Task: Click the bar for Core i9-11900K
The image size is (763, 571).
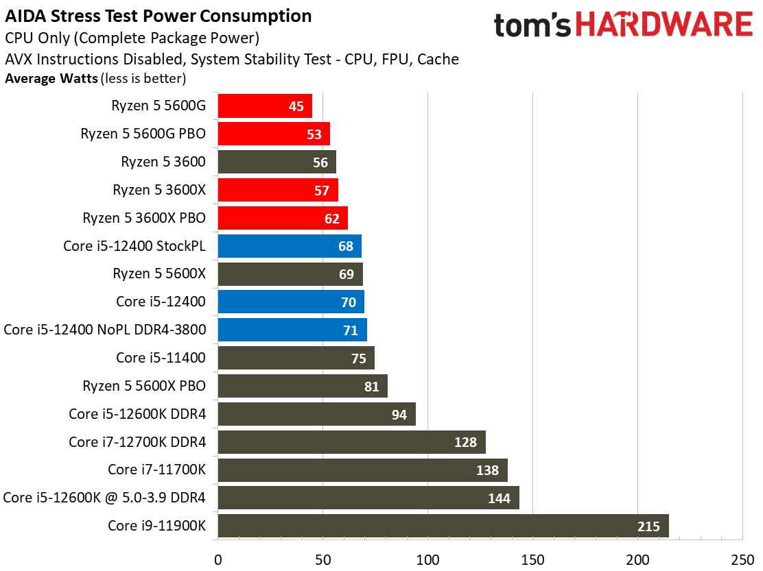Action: [443, 526]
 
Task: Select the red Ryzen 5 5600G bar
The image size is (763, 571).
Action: [265, 106]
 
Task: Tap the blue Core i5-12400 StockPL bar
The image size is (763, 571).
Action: [289, 246]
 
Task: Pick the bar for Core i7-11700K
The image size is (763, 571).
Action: [362, 470]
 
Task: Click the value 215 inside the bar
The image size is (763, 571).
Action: [648, 526]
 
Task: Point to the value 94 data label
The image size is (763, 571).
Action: [399, 414]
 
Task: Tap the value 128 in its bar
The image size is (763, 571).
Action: [465, 442]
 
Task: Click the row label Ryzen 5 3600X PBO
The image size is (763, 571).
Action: [144, 218]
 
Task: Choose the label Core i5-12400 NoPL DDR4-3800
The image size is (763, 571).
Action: [105, 330]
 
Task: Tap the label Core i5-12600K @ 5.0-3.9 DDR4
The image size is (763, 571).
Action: [105, 498]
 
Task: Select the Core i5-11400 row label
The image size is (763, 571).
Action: [161, 358]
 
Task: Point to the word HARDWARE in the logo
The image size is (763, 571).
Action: [664, 26]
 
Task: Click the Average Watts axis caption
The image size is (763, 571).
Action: [51, 79]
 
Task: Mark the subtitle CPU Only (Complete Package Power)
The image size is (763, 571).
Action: [132, 38]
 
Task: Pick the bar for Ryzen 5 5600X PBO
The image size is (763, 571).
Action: [303, 386]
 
